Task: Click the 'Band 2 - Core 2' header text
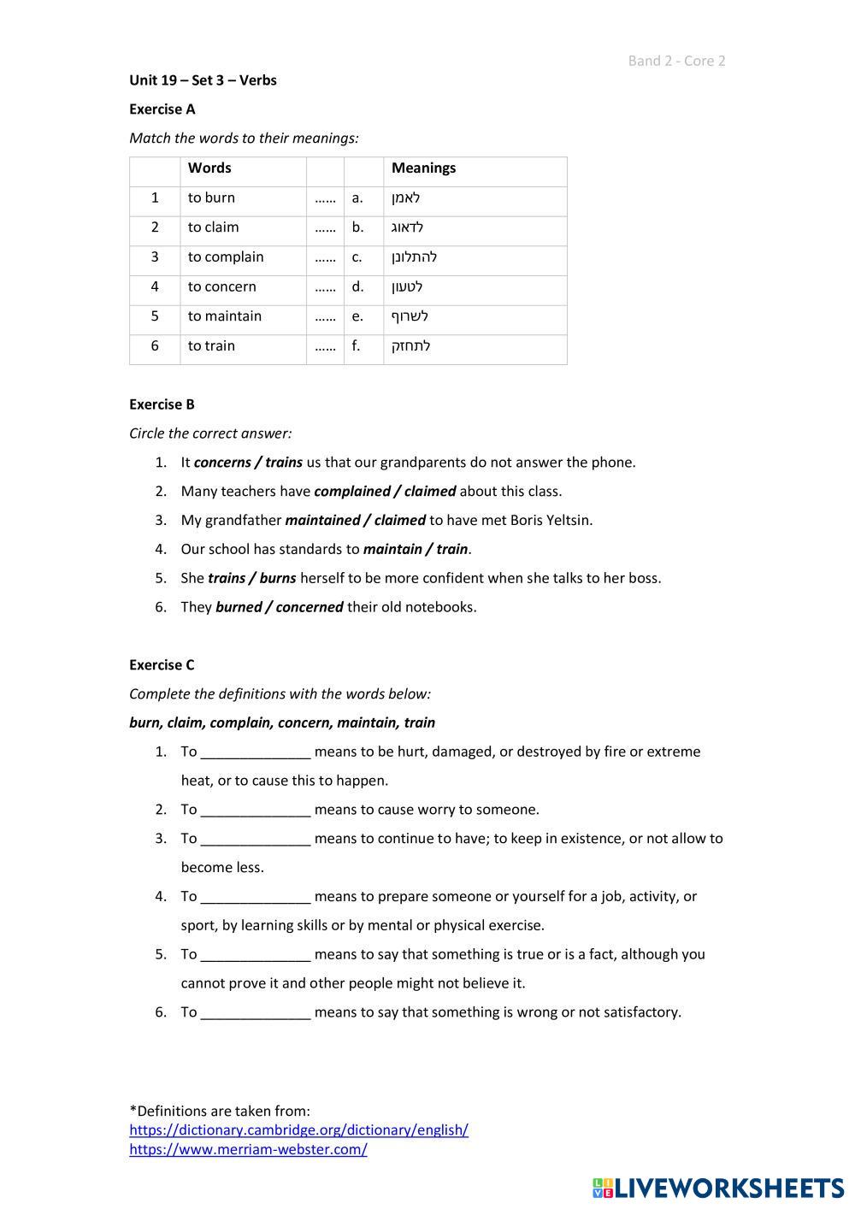[676, 61]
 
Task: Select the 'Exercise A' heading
[162, 109]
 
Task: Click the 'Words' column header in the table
[209, 168]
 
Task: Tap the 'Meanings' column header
[423, 168]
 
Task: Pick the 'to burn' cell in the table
[211, 198]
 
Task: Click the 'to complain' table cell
[226, 257]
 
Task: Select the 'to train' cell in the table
[211, 346]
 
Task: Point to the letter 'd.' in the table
[357, 287]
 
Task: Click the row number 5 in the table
[155, 316]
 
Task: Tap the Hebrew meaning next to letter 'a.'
[406, 198]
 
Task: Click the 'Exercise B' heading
[162, 404]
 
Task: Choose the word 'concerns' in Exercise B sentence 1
[222, 463]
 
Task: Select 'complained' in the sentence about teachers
[351, 492]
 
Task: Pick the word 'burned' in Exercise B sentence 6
[240, 607]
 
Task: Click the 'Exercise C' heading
[162, 665]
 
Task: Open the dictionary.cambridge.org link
[298, 1130]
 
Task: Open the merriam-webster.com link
[248, 1150]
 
